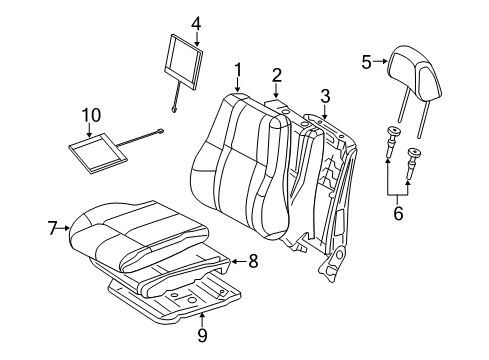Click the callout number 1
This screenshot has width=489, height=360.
coord(238,69)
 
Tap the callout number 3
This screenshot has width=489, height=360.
coord(324,95)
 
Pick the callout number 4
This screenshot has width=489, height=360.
coord(196,22)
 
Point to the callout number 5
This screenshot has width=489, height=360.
coord(366,61)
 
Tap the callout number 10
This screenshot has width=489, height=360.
coord(90,116)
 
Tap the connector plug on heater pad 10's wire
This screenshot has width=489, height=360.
coord(160,131)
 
